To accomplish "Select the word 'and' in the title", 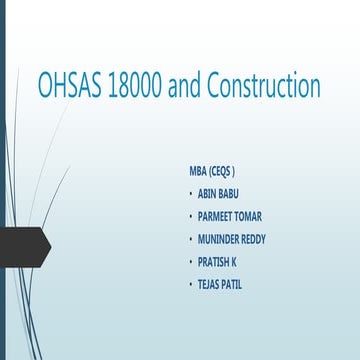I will coord(185,86).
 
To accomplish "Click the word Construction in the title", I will coord(263,86).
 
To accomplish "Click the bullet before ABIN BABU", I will coord(191,193).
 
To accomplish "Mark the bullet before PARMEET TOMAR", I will coord(191,216).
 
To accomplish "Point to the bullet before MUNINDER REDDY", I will coord(191,239).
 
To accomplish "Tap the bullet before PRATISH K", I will coord(191,261).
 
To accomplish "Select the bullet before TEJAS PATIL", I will coord(191,284).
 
